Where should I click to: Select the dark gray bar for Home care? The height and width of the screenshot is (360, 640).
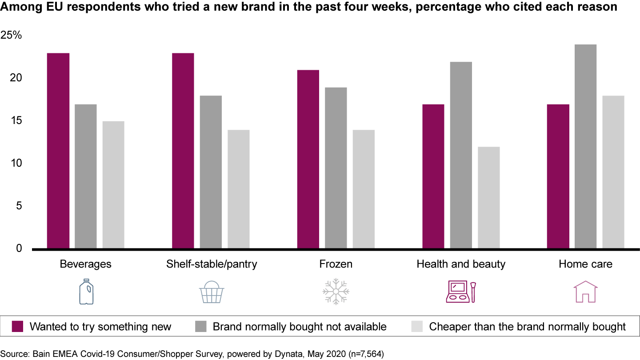coord(585,147)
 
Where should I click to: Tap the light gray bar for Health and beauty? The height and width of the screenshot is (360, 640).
coord(488,198)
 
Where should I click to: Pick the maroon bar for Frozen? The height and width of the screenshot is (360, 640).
coord(308,160)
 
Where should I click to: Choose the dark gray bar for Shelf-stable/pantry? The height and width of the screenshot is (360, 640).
coord(211,172)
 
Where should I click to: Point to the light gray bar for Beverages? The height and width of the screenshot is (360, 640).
coord(113,185)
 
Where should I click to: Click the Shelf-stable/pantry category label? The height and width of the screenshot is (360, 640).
coord(212,264)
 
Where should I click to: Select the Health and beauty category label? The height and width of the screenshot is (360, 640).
coord(461,264)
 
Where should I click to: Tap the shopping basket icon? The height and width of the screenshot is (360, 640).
coord(211,292)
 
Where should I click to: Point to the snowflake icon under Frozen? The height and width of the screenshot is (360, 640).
coord(336,292)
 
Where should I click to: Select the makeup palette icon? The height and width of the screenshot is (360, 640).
coord(460,292)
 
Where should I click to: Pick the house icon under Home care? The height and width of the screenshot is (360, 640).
coord(585,292)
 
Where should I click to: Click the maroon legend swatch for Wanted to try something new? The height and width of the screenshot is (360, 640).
coord(18,327)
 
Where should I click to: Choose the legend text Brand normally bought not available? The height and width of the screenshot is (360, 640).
coord(300,327)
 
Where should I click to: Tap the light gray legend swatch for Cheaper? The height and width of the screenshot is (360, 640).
coord(417,327)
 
